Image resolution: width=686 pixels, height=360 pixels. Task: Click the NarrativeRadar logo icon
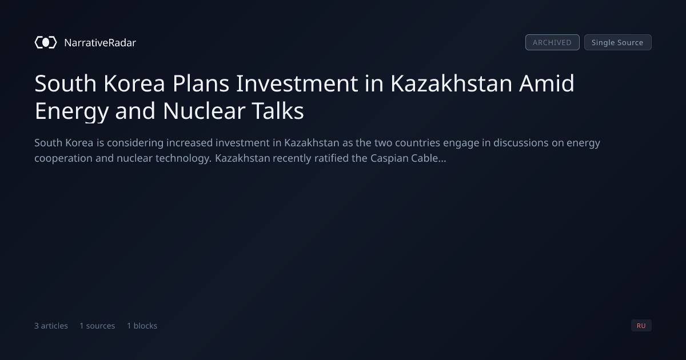click(x=46, y=42)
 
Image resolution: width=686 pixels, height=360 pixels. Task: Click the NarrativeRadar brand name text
click(x=100, y=42)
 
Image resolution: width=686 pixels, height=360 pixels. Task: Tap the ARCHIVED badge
click(x=552, y=42)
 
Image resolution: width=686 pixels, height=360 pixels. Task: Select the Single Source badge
click(x=618, y=42)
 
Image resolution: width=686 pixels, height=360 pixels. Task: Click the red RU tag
click(x=641, y=325)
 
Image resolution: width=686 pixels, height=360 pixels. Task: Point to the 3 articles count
click(x=51, y=326)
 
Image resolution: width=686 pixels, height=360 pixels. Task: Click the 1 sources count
click(x=97, y=326)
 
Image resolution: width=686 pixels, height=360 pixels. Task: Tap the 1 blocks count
click(x=142, y=326)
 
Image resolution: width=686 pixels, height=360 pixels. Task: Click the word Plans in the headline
click(x=201, y=83)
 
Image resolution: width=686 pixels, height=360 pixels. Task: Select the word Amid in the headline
click(x=547, y=83)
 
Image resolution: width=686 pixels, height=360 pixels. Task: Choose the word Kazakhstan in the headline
click(x=451, y=83)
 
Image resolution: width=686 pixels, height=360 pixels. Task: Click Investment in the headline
click(x=297, y=83)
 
